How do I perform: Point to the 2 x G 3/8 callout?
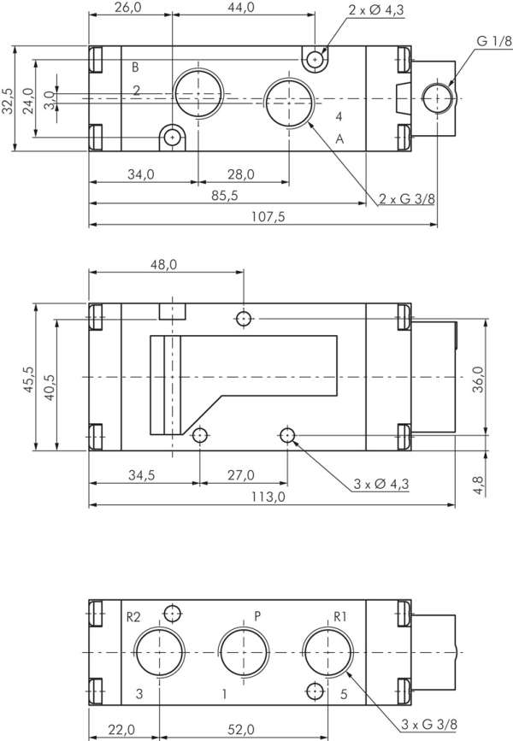pyautogui.click(x=408, y=199)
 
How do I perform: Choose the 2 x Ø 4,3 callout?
pyautogui.click(x=377, y=10)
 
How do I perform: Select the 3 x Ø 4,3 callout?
pyautogui.click(x=381, y=484)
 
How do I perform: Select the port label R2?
pyautogui.click(x=133, y=615)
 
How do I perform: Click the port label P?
pyautogui.click(x=257, y=615)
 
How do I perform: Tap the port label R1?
pyautogui.click(x=339, y=615)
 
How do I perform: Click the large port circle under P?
pyautogui.click(x=244, y=651)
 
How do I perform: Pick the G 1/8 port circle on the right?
pyautogui.click(x=437, y=98)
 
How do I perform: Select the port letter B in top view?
pyautogui.click(x=134, y=67)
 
